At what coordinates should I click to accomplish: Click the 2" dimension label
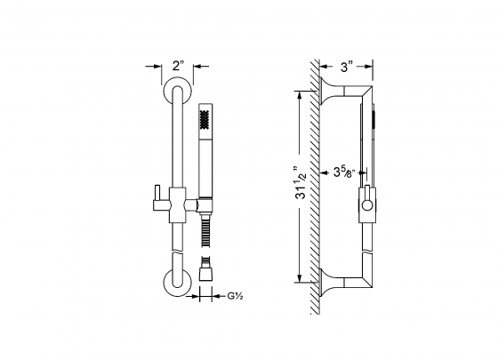(178, 66)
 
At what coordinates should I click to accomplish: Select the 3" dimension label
(348, 66)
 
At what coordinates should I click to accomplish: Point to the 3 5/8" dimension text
(342, 172)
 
